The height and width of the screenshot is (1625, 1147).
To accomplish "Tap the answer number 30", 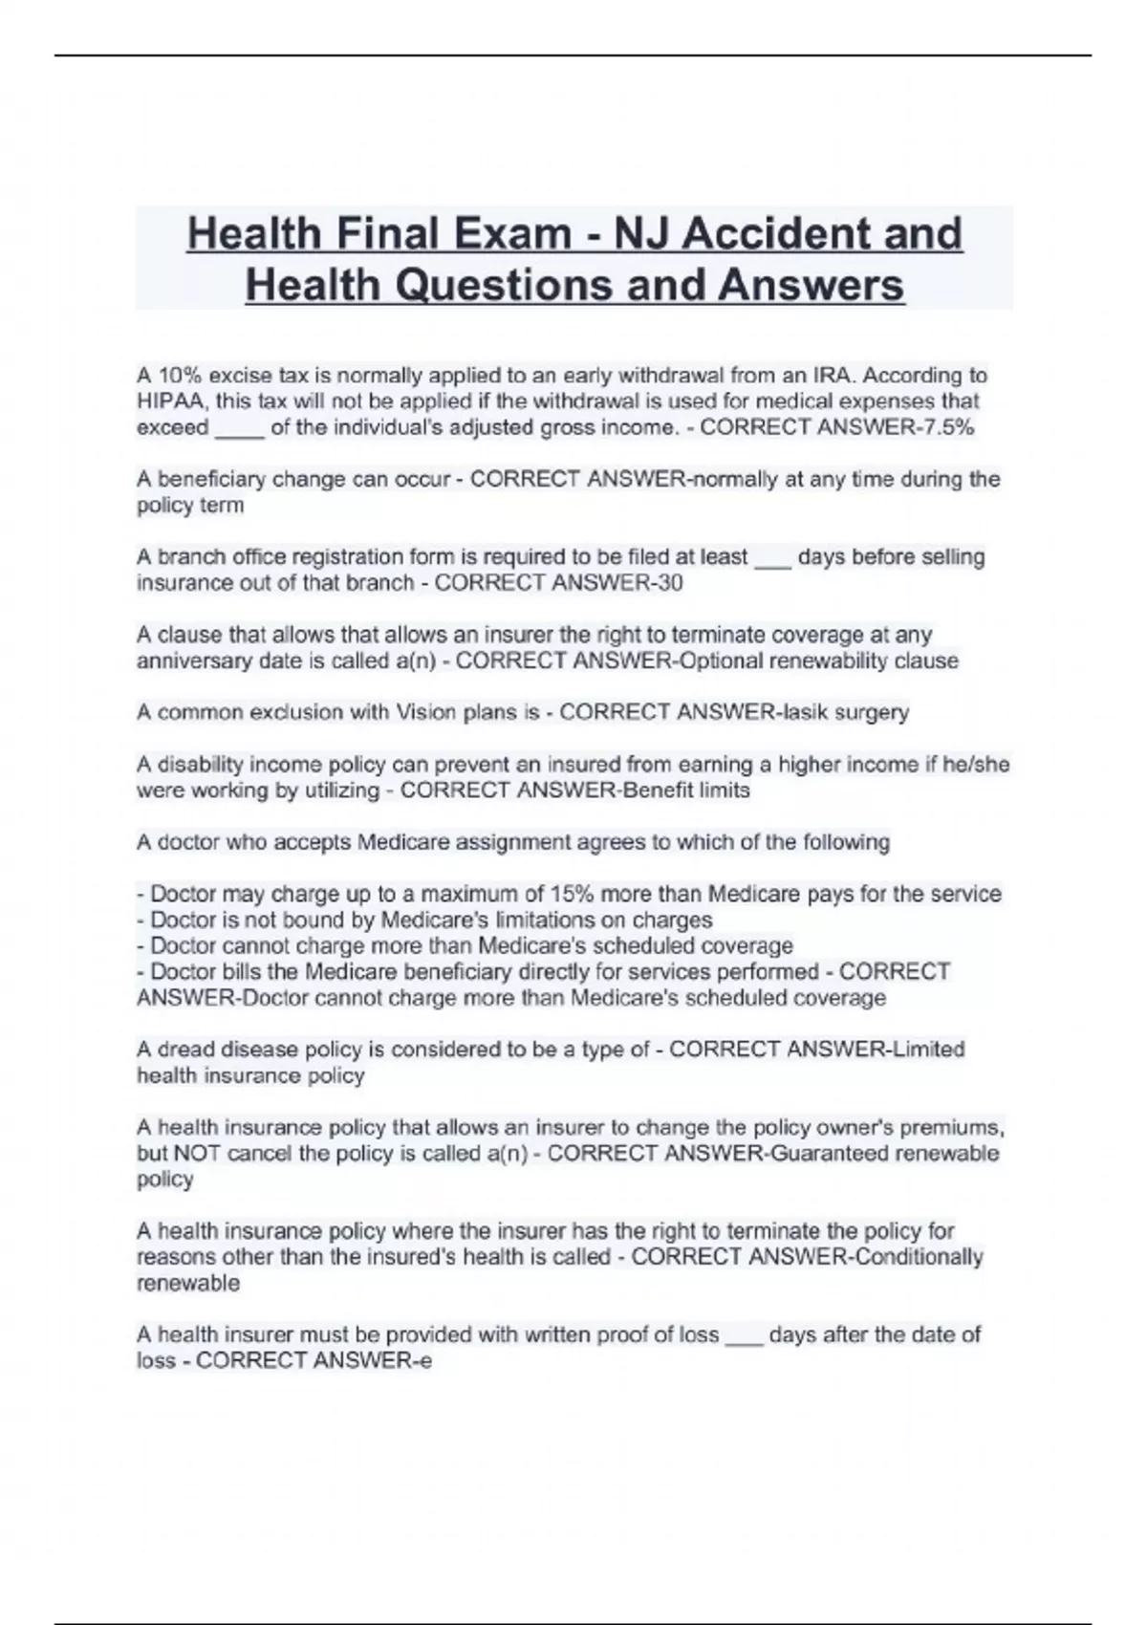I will click(x=669, y=583).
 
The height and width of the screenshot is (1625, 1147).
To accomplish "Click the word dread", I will click(x=185, y=1050).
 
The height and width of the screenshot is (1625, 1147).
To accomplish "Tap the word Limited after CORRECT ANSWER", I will click(x=926, y=1050).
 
